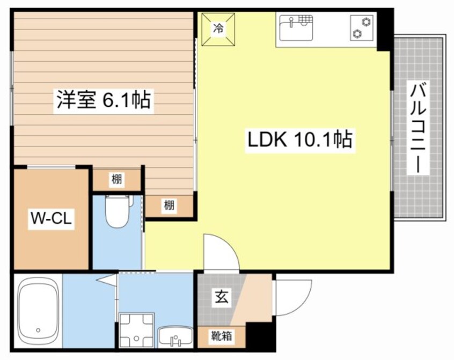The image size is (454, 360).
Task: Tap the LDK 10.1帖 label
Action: click(299, 141)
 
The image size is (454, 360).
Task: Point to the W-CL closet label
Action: click(50, 219)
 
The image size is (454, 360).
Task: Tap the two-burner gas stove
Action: click(361, 28)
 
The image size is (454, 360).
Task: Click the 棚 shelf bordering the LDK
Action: click(169, 205)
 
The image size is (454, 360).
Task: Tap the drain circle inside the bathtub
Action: click(38, 330)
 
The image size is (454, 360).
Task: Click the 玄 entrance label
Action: click(221, 297)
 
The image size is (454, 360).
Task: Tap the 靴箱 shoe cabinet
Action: click(221, 336)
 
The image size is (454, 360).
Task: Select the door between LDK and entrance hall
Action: click(221, 252)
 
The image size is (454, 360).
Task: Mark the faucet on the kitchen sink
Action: click(291, 22)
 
